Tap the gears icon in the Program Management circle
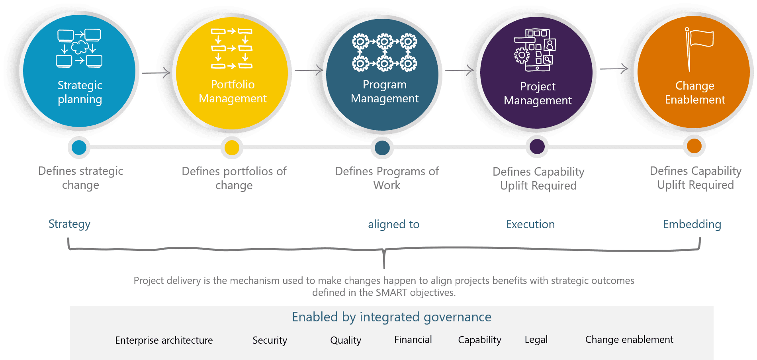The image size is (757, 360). (x=384, y=52)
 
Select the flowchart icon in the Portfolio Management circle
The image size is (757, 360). (x=231, y=48)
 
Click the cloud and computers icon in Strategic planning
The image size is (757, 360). (x=79, y=48)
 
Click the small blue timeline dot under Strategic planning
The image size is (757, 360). (x=79, y=147)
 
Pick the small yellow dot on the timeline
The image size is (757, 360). (x=232, y=148)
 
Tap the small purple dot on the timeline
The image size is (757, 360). (x=537, y=147)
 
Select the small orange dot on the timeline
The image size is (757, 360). (x=694, y=146)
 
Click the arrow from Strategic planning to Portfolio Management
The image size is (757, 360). (x=156, y=73)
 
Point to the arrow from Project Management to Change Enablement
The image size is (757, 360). (x=614, y=69)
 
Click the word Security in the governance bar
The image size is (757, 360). (x=270, y=340)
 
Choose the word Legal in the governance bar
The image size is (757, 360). (x=536, y=340)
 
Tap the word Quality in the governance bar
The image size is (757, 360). (x=346, y=340)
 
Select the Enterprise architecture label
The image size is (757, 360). (x=164, y=340)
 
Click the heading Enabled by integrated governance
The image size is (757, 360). (x=391, y=317)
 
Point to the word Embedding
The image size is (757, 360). (x=692, y=225)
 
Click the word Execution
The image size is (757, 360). (x=530, y=225)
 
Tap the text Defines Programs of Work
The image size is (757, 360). (x=387, y=178)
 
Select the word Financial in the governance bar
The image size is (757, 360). (x=413, y=340)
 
